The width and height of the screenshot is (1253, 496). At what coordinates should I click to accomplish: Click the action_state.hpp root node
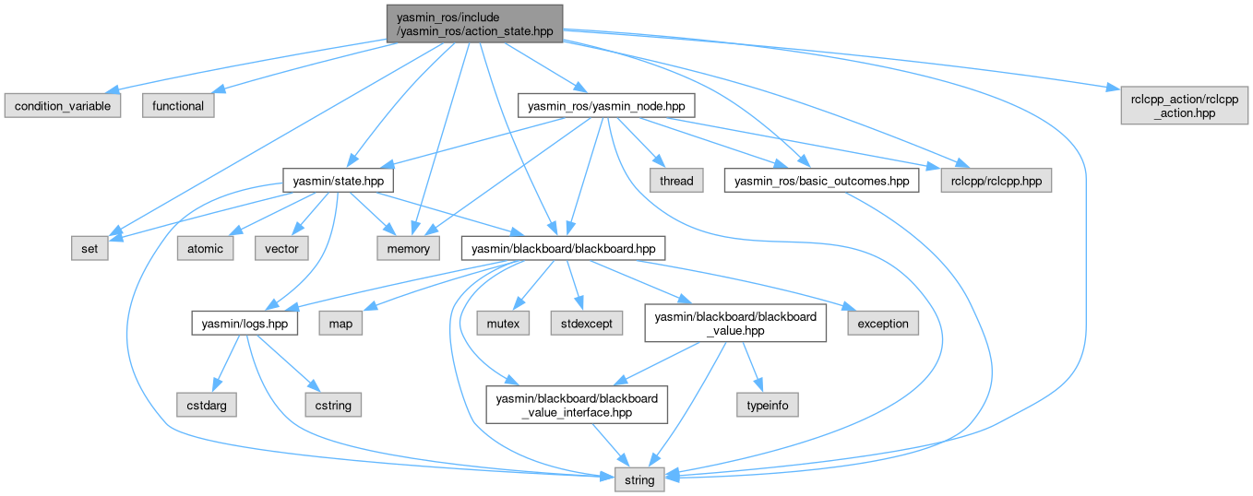(473, 22)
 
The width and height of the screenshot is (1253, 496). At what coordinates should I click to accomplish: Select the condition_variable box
(62, 106)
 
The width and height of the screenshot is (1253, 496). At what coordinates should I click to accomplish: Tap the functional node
(178, 106)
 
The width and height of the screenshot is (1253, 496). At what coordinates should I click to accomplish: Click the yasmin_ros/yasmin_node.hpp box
(606, 106)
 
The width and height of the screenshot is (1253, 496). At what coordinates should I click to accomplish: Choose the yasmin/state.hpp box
(333, 181)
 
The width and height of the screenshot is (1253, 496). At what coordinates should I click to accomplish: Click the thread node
(675, 181)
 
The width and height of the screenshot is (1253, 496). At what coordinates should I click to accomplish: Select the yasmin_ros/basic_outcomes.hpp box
(821, 181)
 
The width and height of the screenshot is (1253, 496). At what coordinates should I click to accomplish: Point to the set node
(90, 248)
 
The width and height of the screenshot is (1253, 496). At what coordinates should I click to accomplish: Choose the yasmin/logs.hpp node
(245, 324)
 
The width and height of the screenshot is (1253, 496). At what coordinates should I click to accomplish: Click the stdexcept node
(580, 324)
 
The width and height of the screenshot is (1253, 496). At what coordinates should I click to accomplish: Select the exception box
(883, 324)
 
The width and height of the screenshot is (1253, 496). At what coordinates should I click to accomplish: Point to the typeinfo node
(767, 405)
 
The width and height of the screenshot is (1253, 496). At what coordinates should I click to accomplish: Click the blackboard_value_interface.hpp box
(577, 405)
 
